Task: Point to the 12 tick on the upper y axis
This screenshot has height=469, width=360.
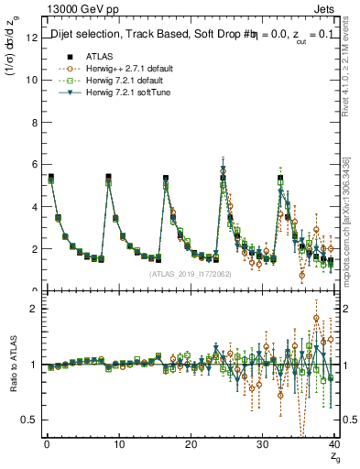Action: point(31,38)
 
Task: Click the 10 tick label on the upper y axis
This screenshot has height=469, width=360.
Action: point(31,80)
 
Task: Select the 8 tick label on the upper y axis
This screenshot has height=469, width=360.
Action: point(34,122)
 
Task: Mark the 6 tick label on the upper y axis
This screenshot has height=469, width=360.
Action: point(34,164)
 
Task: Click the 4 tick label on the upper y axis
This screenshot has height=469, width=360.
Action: point(34,206)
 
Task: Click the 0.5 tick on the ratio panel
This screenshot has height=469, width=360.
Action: point(29,420)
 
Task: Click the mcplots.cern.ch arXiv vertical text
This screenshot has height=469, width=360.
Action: point(353,220)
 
